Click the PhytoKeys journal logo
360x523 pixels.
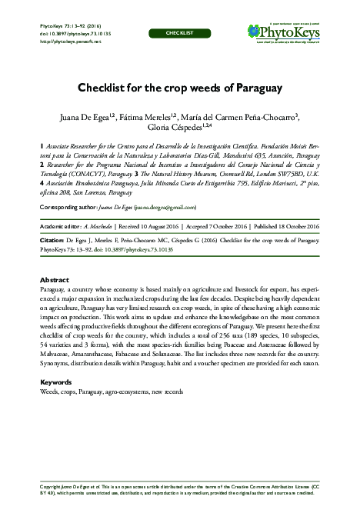(x=286, y=32)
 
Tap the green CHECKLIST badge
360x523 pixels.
(x=180, y=34)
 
